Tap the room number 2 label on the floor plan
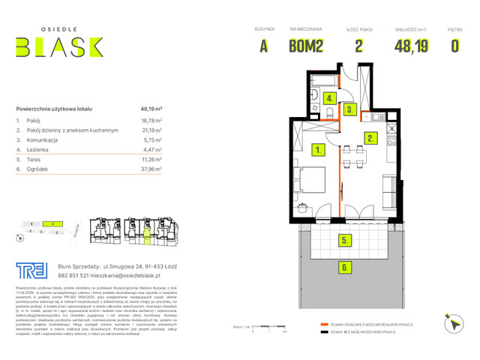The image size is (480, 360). click(370, 138)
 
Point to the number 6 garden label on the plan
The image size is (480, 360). click(344, 266)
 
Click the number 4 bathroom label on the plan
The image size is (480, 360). click(329, 98)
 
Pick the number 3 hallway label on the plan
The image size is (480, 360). click(349, 109)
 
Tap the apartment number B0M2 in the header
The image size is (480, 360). click(306, 46)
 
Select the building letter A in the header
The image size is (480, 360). click(263, 46)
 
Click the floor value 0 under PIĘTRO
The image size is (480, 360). click(454, 46)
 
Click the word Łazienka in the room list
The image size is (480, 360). click(40, 149)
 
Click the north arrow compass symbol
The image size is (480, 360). click(453, 323)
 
